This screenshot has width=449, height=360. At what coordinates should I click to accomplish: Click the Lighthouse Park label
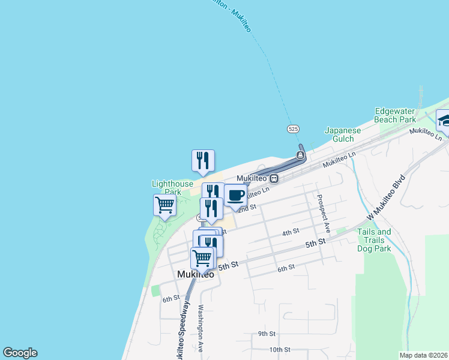pos(172,188)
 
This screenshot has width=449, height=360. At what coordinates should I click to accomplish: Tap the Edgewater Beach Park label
pos(395,115)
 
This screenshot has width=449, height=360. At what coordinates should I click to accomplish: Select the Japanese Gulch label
pos(343,135)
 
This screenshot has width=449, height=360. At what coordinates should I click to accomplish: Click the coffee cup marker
pos(235,196)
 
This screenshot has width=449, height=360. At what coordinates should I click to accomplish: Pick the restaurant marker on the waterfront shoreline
pos(203,160)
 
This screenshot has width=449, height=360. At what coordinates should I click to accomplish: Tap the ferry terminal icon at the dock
pos(300,156)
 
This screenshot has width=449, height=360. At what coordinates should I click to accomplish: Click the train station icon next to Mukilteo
pos(274,178)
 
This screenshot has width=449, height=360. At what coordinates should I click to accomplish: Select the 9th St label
pos(267,334)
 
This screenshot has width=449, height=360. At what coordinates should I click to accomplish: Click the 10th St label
pos(280,349)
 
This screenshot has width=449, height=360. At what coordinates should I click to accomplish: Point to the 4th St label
pos(291,232)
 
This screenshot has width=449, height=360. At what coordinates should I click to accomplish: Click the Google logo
pos(20,353)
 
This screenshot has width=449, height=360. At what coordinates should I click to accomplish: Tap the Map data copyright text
pos(423,355)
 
